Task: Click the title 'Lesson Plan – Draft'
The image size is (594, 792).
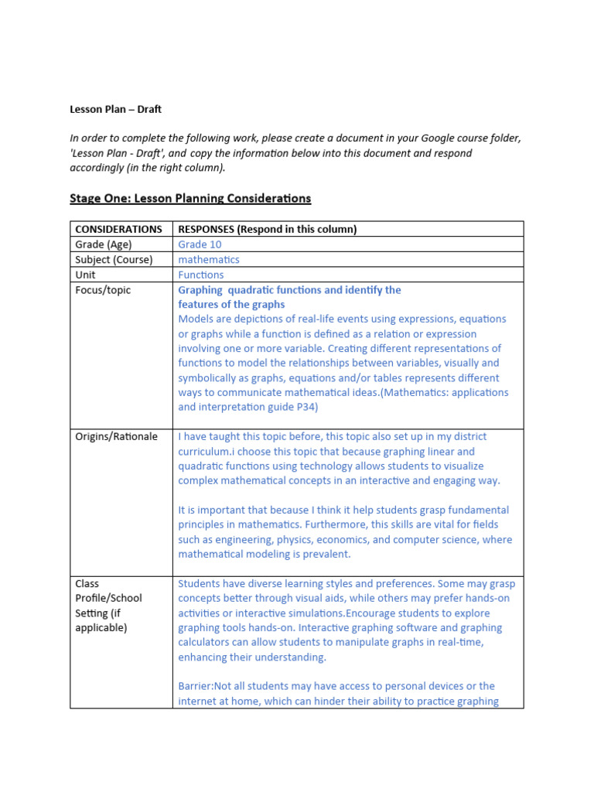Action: tap(116, 109)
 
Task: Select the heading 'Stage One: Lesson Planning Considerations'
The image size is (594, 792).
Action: tap(190, 198)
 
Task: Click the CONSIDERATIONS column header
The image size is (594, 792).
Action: tap(118, 229)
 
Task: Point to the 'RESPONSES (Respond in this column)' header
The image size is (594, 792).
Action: tap(268, 229)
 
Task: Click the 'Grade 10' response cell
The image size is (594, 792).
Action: tap(200, 244)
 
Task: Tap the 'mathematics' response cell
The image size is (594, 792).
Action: tap(209, 260)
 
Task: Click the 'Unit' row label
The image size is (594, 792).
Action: tap(85, 275)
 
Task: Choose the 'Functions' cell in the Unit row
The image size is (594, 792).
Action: tap(201, 275)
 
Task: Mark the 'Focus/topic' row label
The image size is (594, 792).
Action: tap(103, 290)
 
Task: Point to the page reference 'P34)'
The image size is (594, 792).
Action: tap(306, 407)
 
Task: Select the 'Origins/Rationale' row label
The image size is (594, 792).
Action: tap(116, 436)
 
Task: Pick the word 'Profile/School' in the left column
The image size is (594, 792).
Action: tap(108, 598)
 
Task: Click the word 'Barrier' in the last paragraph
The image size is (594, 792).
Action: tap(195, 686)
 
